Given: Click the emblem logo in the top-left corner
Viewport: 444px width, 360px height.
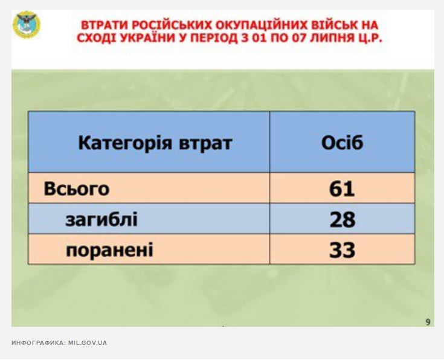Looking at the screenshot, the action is (27, 25).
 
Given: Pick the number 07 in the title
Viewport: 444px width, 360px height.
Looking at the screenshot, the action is (300, 37).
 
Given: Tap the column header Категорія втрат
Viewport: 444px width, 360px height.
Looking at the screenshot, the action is (155, 143).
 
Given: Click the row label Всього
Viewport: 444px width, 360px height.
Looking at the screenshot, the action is (77, 188).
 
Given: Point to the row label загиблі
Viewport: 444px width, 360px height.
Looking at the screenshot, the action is (101, 219).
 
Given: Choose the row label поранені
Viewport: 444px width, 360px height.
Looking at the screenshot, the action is (109, 250).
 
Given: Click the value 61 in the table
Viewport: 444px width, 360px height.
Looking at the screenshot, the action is (342, 189).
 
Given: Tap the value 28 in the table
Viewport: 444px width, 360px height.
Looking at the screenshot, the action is (343, 219).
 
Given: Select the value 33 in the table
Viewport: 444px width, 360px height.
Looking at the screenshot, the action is (342, 250).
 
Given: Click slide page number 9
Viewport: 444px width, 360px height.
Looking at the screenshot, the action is (428, 322).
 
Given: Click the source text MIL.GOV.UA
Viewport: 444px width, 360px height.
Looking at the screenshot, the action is (88, 342).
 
